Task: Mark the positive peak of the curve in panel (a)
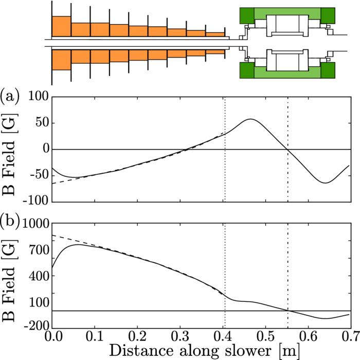tap(250, 119)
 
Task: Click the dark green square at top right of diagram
tap(328, 15)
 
